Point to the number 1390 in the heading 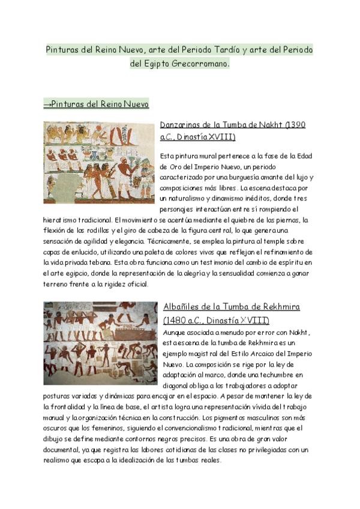point(296,125)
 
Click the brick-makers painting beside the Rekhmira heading point(100,343)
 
